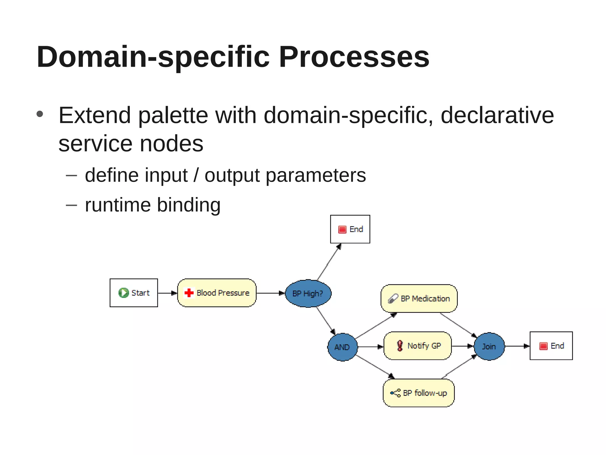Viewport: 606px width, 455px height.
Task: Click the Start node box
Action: coord(134,293)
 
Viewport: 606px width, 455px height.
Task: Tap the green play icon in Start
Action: coord(123,293)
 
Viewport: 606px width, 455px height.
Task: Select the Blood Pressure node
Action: coord(217,293)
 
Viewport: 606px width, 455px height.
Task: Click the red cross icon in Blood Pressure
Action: coord(189,293)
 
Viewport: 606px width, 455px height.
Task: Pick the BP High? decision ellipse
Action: coord(308,293)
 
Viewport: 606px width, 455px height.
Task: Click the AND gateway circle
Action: coord(342,347)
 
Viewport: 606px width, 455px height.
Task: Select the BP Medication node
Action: coord(419,298)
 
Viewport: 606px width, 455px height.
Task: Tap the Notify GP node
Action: coord(418,346)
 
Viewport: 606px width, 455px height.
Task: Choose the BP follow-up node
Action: coord(419,393)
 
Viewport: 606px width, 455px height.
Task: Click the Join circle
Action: coord(489,346)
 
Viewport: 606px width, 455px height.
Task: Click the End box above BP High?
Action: coord(350,229)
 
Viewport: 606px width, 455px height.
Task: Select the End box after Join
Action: coord(551,346)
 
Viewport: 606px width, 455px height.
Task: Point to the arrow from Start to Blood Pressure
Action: coord(167,293)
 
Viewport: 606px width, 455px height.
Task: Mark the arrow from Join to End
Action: coord(517,346)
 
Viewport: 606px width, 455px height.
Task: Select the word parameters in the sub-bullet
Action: coord(316,175)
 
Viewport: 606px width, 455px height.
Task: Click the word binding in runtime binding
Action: coord(188,205)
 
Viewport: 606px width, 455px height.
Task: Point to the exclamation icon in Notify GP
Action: coord(400,346)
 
